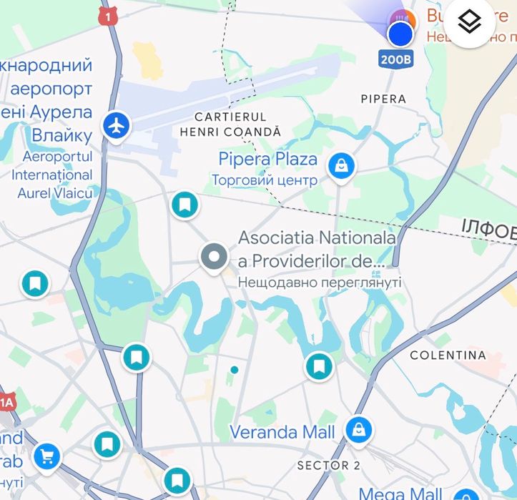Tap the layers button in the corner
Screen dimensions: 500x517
click(470, 22)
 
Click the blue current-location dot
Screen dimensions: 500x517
click(401, 34)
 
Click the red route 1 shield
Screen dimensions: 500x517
click(108, 16)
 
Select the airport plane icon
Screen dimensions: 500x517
click(116, 126)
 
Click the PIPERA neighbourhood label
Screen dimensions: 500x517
click(383, 99)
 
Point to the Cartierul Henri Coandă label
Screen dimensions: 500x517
click(230, 124)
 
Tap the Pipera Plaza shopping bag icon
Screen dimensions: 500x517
click(342, 166)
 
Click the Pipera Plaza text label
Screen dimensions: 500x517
click(267, 159)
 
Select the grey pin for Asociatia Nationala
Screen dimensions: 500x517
click(213, 257)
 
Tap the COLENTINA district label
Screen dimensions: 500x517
click(448, 355)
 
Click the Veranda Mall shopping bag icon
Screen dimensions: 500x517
click(358, 430)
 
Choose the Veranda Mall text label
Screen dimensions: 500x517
click(282, 433)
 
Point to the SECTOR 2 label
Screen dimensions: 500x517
click(329, 466)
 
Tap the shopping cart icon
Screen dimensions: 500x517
click(48, 455)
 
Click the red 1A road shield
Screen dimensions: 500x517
click(6, 402)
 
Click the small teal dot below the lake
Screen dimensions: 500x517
click(234, 370)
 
